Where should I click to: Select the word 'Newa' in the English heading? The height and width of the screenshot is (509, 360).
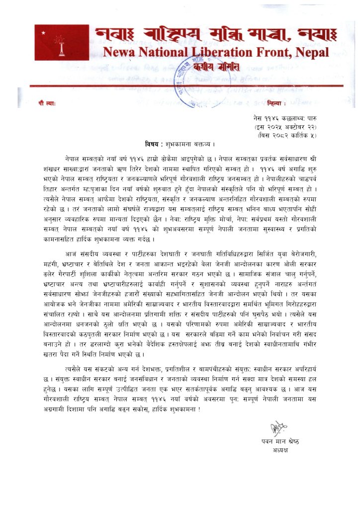119,52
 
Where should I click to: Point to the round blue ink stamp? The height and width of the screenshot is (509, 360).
198,72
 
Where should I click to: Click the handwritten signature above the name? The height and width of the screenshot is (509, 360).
279,426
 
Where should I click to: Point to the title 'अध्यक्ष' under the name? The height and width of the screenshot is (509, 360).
281,451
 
